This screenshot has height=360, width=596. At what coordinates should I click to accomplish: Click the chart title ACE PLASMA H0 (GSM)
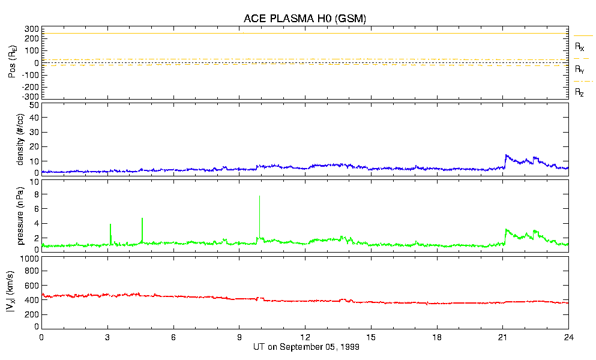click(304, 19)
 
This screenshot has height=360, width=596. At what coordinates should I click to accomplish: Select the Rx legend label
click(579, 46)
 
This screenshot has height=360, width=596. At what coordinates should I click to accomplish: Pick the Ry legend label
click(579, 70)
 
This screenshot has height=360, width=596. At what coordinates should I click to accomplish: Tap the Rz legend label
click(579, 92)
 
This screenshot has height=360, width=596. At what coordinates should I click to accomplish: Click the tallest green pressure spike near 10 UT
click(259, 196)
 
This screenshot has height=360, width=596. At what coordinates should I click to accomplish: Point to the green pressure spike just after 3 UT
click(110, 224)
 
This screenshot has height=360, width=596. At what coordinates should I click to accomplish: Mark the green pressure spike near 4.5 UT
click(142, 218)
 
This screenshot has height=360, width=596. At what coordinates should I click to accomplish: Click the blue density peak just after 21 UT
click(507, 155)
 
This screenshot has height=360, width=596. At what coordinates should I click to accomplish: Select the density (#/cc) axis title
click(19, 139)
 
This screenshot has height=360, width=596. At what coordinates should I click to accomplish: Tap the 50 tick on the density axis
click(34, 105)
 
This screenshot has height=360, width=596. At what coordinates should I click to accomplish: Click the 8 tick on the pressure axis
click(36, 194)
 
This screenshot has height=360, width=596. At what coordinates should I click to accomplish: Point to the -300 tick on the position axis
click(29, 96)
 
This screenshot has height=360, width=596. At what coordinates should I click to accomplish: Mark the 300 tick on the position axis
click(31, 29)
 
